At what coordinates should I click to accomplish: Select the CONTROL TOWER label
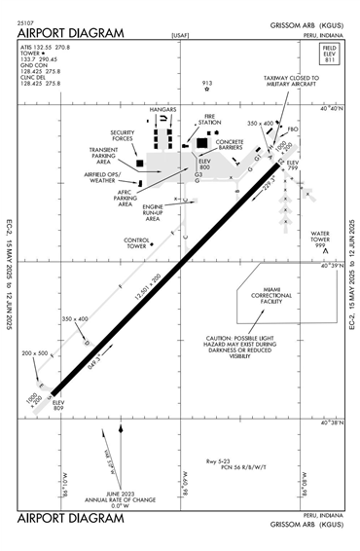(x=136, y=242)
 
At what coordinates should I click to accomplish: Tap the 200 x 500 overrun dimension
(x=34, y=353)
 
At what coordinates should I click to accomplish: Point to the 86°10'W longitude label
(x=66, y=481)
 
